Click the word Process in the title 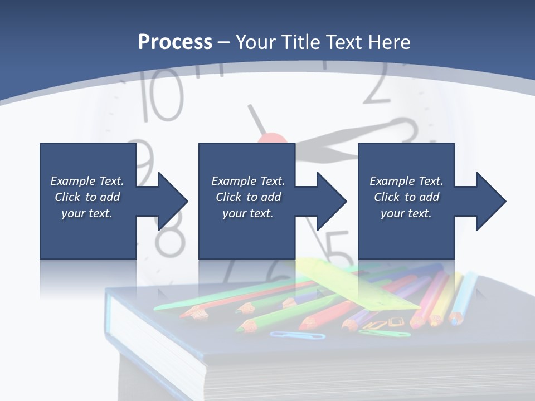pyautogui.click(x=175, y=42)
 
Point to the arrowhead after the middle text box pyautogui.click(x=330, y=200)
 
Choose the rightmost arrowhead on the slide pyautogui.click(x=490, y=200)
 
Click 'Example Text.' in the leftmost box pyautogui.click(x=87, y=181)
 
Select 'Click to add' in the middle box pyautogui.click(x=248, y=197)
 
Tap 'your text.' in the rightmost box pyautogui.click(x=406, y=213)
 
